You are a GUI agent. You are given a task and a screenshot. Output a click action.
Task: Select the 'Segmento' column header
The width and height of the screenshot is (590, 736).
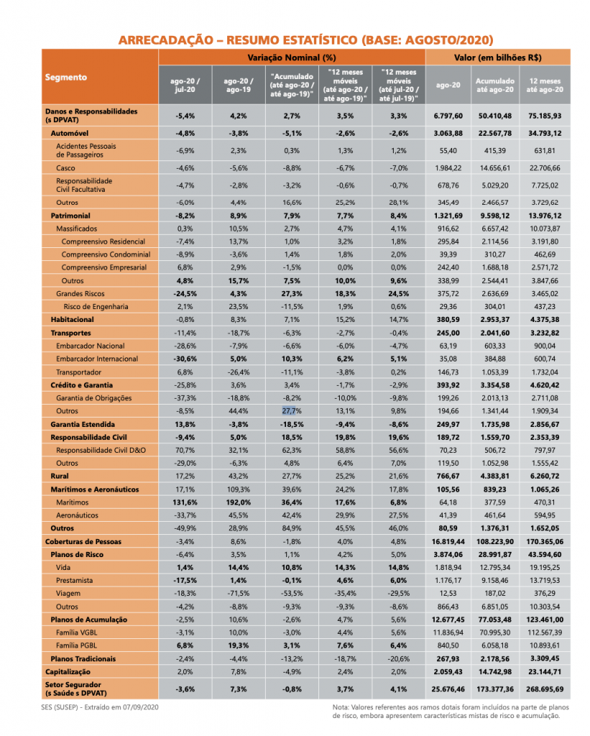tap(66, 77)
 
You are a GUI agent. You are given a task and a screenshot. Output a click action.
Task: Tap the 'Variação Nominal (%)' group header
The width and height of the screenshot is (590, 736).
tap(292, 57)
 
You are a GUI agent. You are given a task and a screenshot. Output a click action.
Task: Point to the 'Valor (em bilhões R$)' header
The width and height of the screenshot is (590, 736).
tap(497, 57)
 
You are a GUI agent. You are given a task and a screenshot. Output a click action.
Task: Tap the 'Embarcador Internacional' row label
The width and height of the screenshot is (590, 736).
tap(97, 359)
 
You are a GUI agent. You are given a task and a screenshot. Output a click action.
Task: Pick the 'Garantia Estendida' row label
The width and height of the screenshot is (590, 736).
tap(83, 425)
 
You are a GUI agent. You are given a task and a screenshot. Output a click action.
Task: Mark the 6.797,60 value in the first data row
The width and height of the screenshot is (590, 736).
tap(448, 116)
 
